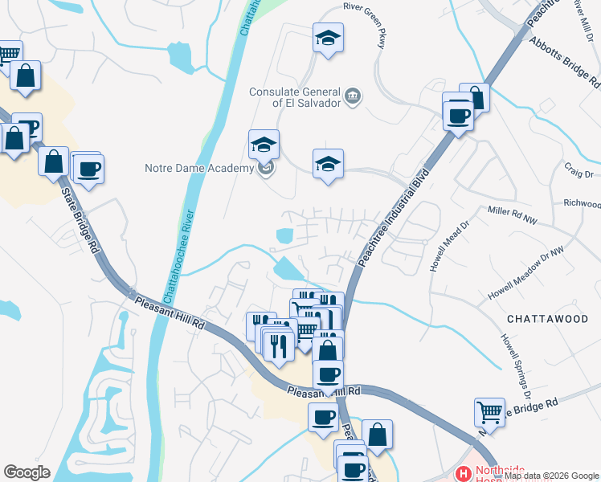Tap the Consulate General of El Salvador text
coord(293,97)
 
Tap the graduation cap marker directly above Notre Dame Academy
coord(264,145)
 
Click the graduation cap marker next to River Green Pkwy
coord(328,38)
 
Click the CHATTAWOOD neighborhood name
coord(548,319)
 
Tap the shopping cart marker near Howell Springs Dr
coord(489,412)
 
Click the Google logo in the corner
coord(27,472)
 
